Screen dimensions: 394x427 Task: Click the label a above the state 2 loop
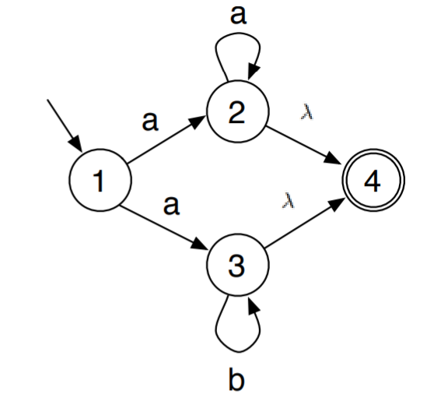click(x=239, y=16)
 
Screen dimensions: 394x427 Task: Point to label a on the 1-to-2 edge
click(x=149, y=122)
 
